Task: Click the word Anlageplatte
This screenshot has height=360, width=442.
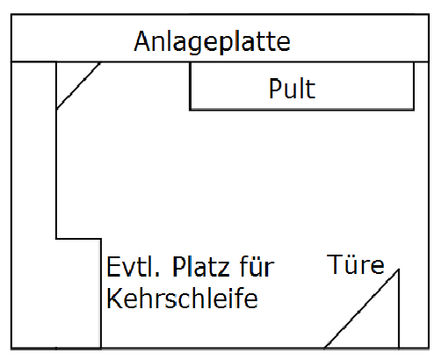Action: coord(213,42)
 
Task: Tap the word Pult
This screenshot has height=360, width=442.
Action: coord(292,88)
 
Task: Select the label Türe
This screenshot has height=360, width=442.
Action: coord(355,264)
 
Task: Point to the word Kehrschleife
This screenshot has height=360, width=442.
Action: coord(182,298)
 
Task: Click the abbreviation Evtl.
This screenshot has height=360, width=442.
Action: coord(134,266)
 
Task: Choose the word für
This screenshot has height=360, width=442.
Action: coord(257,266)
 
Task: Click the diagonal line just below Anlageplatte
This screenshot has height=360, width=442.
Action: coord(78,86)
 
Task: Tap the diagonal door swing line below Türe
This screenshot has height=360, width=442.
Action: coord(361,309)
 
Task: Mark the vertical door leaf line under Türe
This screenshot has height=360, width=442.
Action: coord(399,309)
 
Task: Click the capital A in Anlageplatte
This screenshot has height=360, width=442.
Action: coord(143,41)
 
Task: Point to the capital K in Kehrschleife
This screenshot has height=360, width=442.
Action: coord(114,298)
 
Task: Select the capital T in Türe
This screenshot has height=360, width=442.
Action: coord(335,264)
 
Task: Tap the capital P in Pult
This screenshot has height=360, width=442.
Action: coord(275,88)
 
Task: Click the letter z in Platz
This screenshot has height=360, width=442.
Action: coord(223,270)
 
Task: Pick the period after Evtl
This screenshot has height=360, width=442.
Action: coord(157,275)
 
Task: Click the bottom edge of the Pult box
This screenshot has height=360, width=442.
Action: coord(302,110)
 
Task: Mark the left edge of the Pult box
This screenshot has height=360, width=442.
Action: coord(191,86)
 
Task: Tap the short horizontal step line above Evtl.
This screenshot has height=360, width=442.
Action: coord(78,239)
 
